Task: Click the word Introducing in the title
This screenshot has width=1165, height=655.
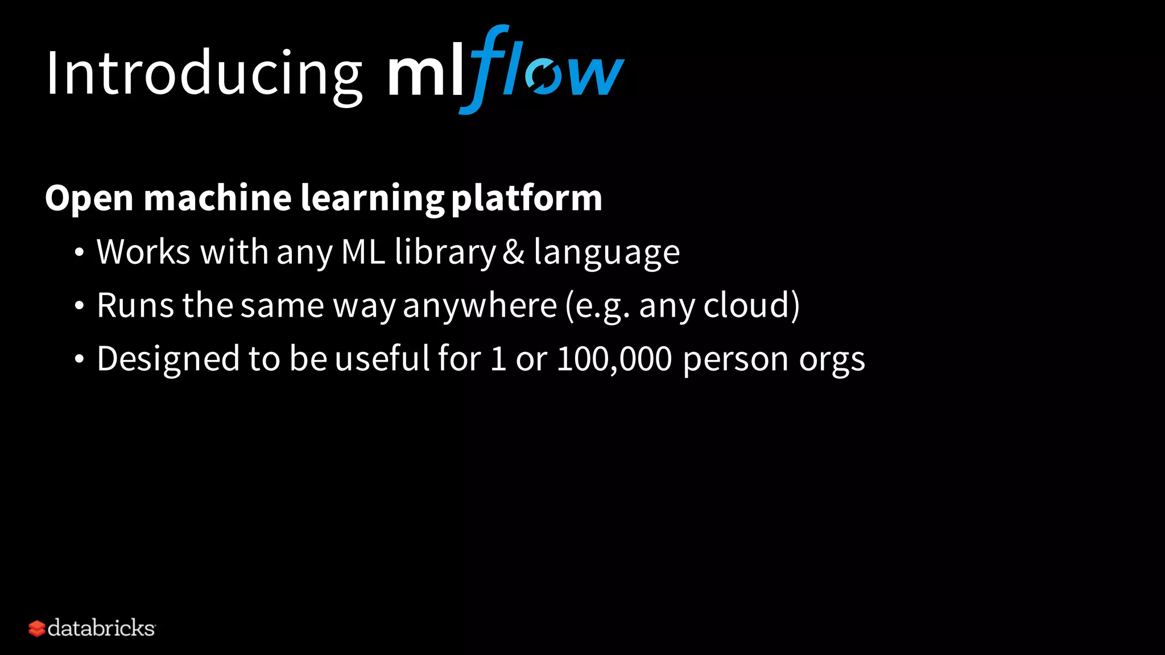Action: point(204,74)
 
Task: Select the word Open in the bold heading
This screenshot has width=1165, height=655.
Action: point(89,198)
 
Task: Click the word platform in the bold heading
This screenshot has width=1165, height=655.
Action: point(526,198)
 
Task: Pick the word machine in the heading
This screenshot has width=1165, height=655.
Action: point(218,198)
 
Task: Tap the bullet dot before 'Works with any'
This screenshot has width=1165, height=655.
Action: point(79,252)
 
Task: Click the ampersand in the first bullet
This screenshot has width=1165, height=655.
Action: point(513,252)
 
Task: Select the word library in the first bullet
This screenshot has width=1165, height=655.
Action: point(445,252)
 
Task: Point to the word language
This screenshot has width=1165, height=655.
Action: point(606,253)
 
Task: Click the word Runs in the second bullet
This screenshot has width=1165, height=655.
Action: point(135,305)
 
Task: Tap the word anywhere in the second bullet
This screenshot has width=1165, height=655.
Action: point(480,306)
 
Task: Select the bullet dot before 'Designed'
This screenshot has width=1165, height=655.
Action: point(79,359)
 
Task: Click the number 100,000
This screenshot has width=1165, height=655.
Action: point(614,359)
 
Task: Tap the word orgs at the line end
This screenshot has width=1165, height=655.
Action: point(832,360)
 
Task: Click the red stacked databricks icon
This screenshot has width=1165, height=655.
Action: point(36,628)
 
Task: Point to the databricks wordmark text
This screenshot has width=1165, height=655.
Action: point(101,628)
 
